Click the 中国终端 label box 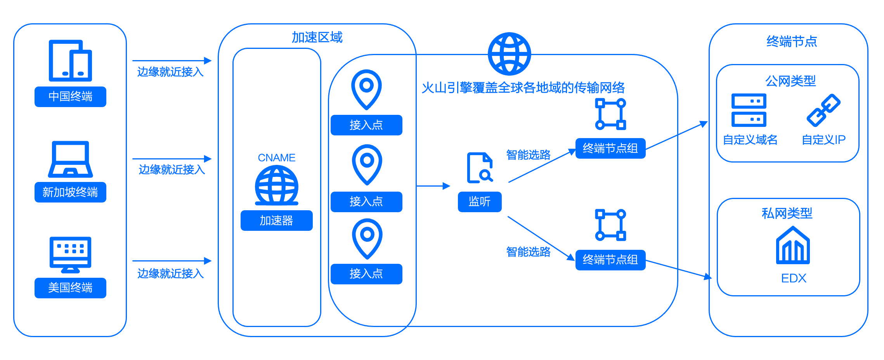pos(70,97)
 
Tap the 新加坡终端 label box pos(70,192)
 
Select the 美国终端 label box pos(70,288)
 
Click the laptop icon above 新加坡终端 pos(70,159)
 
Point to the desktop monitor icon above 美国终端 pos(70,254)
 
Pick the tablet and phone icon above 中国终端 pos(70,61)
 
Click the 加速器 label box pos(276,220)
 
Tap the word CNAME pos(276,157)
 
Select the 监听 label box pos(480,202)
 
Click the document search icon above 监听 pos(480,168)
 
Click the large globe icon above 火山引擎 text pos(509,54)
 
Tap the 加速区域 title pos(317,37)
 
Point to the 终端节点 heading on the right pos(792,41)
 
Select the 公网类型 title pos(790,81)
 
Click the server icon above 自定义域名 pos(749,110)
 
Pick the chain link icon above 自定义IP pos(823,110)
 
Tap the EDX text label pos(794,278)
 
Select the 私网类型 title pos(787,213)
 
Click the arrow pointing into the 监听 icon pos(433,186)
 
